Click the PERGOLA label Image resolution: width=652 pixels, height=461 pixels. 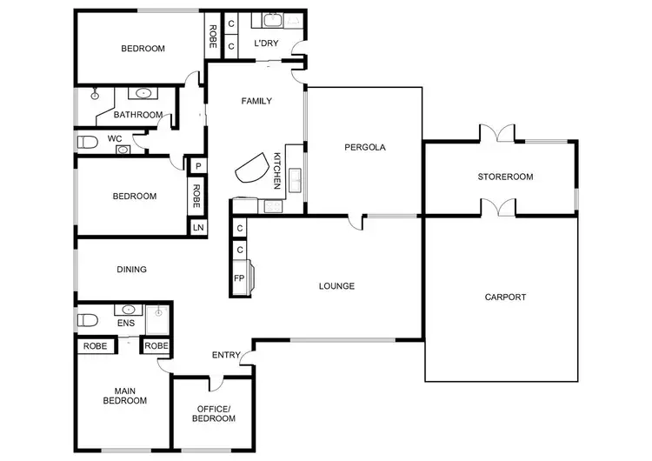[364, 147]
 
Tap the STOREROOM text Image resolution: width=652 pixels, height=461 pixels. [505, 177]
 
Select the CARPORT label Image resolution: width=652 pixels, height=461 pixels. [505, 297]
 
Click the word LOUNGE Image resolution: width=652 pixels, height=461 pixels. [336, 285]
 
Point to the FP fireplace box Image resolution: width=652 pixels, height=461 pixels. [239, 279]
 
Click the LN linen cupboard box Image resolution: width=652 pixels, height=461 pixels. [197, 228]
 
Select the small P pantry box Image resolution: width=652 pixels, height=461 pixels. [198, 166]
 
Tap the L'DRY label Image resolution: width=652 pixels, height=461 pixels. [266, 43]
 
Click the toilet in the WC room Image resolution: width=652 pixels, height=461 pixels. [87, 142]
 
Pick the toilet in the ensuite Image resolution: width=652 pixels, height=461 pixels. [85, 320]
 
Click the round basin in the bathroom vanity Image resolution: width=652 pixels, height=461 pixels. [142, 93]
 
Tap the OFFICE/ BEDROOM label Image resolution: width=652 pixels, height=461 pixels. [214, 413]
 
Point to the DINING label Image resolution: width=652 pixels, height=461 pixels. [131, 270]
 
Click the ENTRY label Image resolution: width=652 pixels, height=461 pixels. [226, 355]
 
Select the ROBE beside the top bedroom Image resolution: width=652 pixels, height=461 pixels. [212, 36]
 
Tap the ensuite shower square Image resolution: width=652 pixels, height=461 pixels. [158, 320]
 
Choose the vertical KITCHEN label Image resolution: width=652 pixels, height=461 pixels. [277, 170]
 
